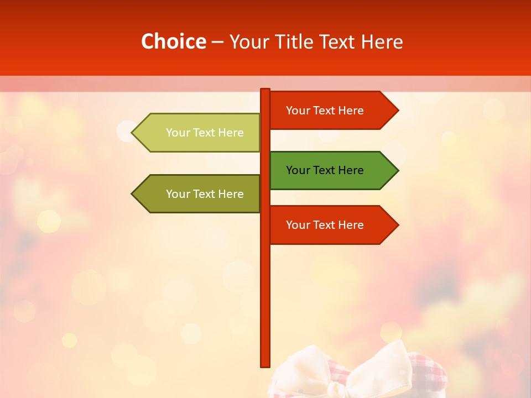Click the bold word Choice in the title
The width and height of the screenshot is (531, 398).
[x=173, y=41]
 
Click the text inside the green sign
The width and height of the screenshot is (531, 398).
[x=325, y=170]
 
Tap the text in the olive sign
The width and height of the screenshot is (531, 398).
[x=205, y=194]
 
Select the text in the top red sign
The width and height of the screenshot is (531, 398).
[x=325, y=111]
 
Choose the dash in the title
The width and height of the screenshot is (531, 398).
[x=217, y=42]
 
